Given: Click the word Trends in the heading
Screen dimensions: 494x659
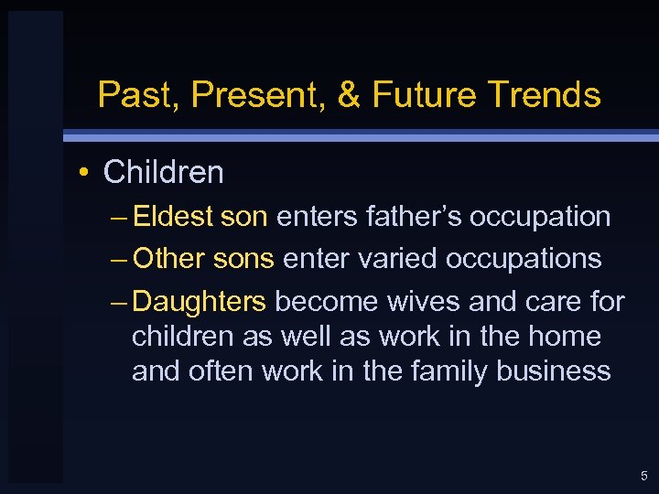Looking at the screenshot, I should click(x=546, y=94).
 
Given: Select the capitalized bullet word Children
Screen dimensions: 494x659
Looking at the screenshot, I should click(x=163, y=171).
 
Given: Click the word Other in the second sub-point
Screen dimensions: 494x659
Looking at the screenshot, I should click(x=170, y=259).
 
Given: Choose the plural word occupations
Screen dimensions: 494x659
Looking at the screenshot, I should click(x=524, y=260).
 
